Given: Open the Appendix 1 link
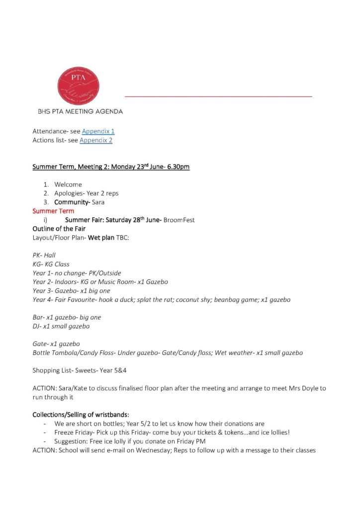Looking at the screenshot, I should [98, 131].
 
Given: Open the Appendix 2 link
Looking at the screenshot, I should [96, 140].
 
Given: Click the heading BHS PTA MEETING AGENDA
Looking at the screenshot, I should [80, 111].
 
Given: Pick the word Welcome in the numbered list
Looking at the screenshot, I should [68, 184].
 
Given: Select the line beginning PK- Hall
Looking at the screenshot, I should [44, 255].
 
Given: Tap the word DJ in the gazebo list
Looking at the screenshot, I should [36, 326].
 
